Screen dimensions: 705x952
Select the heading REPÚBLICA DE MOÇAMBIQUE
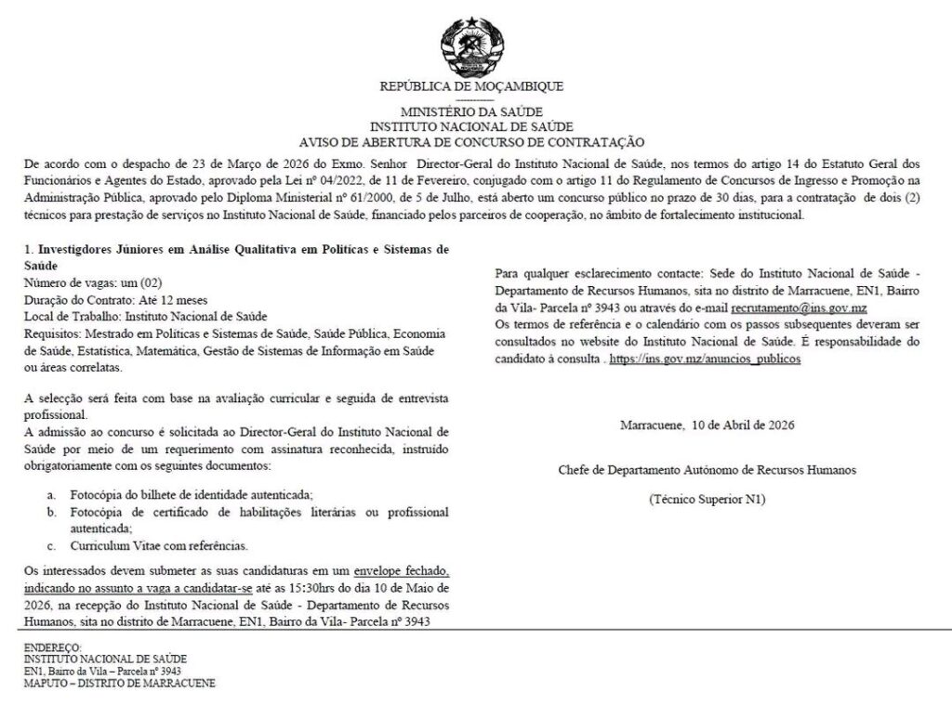[471, 86]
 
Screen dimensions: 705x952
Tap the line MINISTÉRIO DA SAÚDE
[471, 112]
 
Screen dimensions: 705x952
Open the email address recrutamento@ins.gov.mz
[799, 307]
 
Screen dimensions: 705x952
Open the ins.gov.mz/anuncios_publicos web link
[704, 358]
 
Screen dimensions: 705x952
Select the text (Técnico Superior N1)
[707, 500]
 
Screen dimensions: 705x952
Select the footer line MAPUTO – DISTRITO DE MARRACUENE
[120, 683]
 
